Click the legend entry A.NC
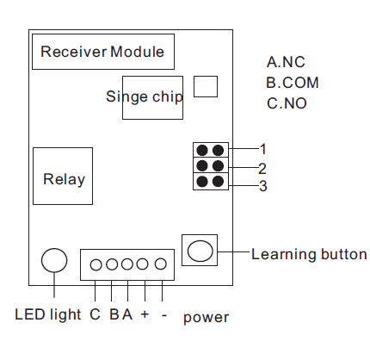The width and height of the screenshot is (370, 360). point(286,62)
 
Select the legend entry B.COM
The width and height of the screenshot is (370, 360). point(293,83)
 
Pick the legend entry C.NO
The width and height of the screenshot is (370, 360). point(287,103)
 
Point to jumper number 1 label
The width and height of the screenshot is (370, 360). point(263,149)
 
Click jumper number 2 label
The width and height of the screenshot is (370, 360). point(262,169)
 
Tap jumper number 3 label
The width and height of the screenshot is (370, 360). point(263,186)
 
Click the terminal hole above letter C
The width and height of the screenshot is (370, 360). point(96,264)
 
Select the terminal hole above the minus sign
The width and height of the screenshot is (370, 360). point(161,264)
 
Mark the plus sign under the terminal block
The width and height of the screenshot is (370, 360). point(145,314)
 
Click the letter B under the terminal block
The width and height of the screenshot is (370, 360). point(114,314)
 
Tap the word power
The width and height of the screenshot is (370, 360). point(206,318)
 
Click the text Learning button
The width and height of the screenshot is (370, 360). point(309,254)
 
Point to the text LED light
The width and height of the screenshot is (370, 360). point(48,315)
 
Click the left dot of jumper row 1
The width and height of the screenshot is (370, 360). point(202,150)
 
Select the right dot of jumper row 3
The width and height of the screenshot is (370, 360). point(218,182)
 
